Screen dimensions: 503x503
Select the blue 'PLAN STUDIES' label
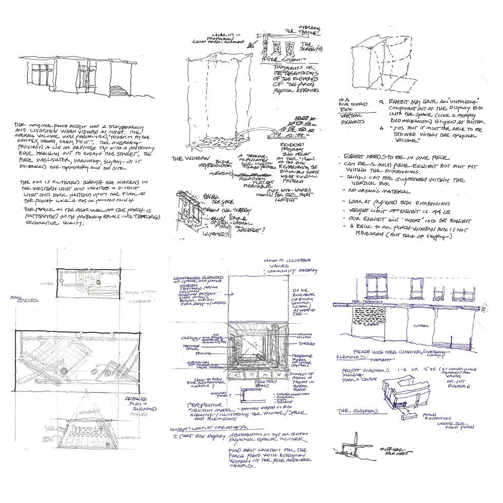point(23,300)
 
